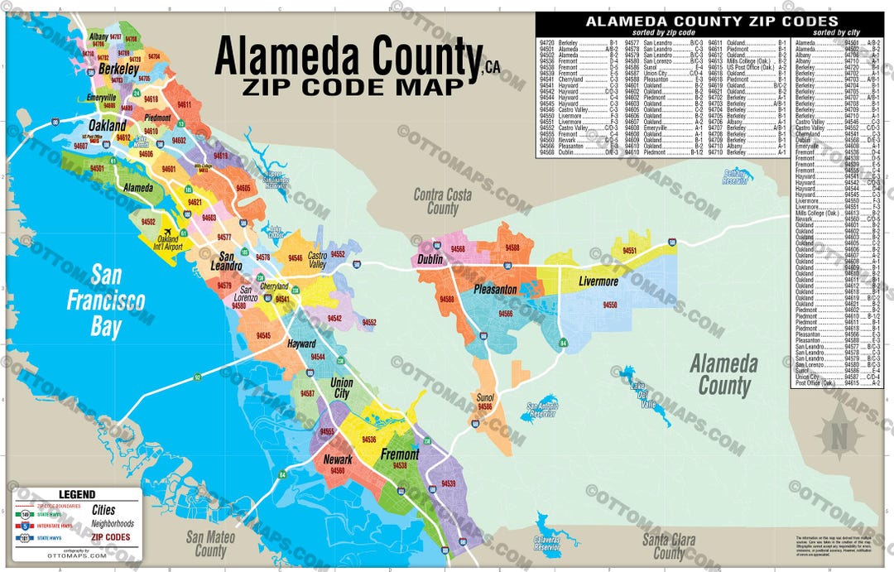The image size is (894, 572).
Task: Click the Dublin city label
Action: coord(430,260)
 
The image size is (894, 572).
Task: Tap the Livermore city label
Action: coord(598,281)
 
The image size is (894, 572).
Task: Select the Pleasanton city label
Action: coord(496,290)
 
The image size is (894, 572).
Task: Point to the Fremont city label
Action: coord(400,454)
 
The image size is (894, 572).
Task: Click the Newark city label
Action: coord(338,459)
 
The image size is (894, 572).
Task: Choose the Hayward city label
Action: coord(301,344)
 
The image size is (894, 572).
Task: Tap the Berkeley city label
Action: coord(118,70)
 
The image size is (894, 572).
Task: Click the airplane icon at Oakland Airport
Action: coord(168,233)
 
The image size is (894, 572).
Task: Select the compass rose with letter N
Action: coord(838,430)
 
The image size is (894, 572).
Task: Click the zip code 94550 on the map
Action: coord(610,305)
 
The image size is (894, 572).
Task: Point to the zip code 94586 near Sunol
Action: coord(485,407)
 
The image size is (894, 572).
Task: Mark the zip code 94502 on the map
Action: coord(149,222)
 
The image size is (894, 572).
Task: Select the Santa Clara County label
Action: coord(670,546)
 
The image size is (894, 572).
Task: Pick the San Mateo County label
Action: coord(210,544)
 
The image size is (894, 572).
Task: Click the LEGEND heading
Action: coord(76,494)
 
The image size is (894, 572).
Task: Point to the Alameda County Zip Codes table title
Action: coord(711,22)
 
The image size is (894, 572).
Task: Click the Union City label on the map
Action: coord(341,388)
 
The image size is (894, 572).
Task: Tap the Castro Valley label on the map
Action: coord(316,260)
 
